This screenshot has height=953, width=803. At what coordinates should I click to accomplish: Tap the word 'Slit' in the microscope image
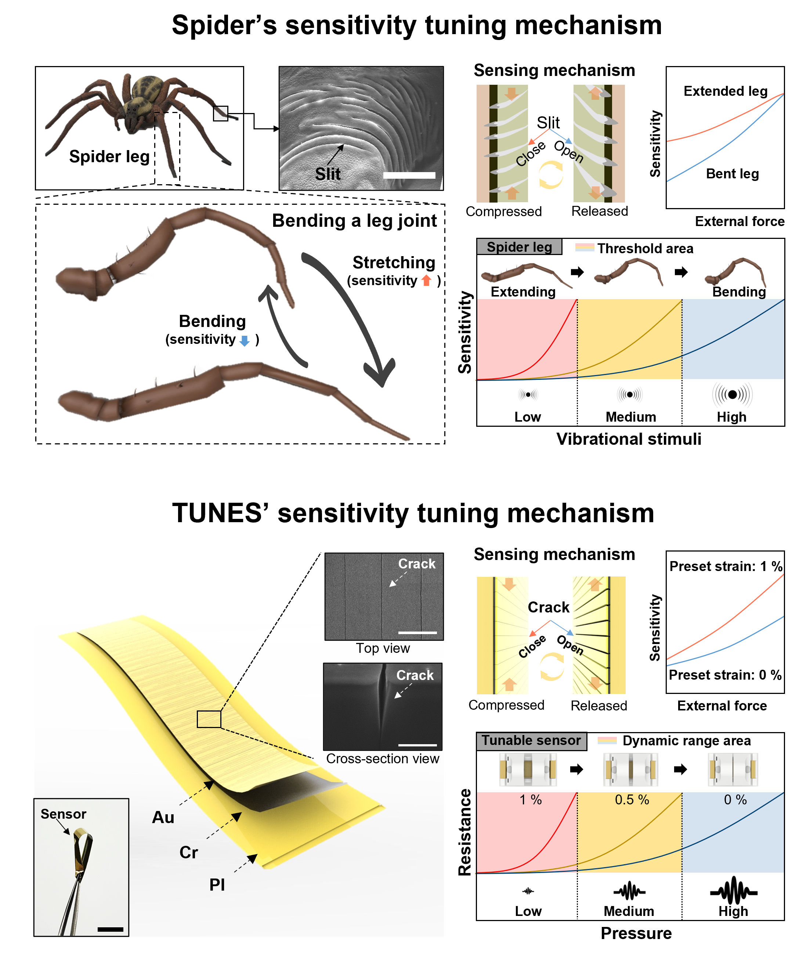pyautogui.click(x=328, y=174)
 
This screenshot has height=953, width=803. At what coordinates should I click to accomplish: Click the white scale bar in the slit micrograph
pyautogui.click(x=409, y=175)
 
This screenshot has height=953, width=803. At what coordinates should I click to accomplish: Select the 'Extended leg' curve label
pyautogui.click(x=726, y=91)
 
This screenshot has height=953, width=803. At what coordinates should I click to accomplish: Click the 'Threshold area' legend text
pyautogui.click(x=645, y=248)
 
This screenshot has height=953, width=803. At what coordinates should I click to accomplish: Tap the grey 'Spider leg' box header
pyautogui.click(x=520, y=247)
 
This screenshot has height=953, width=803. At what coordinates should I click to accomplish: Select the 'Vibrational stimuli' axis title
pyautogui.click(x=629, y=439)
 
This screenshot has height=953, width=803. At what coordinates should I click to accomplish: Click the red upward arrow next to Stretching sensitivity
pyautogui.click(x=427, y=280)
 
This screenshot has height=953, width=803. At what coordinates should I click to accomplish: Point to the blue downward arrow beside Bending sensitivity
pyautogui.click(x=245, y=341)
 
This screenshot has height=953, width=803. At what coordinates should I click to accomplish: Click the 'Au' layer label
pyautogui.click(x=163, y=817)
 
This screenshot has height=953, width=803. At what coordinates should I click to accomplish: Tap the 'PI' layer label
pyautogui.click(x=217, y=885)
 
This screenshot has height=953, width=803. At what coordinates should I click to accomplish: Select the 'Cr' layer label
pyautogui.click(x=188, y=852)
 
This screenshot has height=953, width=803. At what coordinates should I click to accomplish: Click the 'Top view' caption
pyautogui.click(x=383, y=648)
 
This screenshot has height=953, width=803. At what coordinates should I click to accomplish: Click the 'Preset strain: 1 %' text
pyautogui.click(x=726, y=566)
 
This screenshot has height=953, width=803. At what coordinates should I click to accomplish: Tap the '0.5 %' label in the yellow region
pyautogui.click(x=632, y=800)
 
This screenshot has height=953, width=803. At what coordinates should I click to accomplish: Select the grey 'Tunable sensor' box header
pyautogui.click(x=531, y=740)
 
